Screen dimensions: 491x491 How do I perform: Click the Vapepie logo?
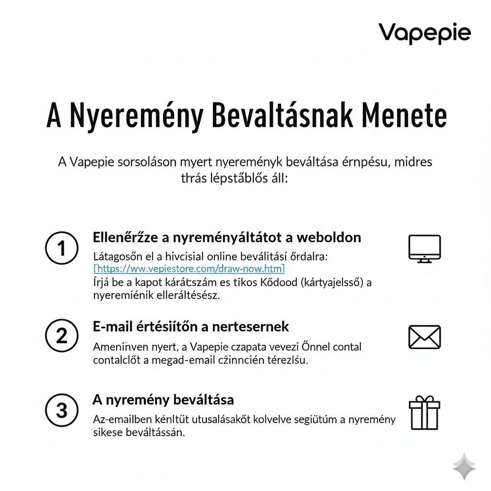click(x=424, y=34)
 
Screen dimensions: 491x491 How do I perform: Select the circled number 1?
click(x=61, y=248)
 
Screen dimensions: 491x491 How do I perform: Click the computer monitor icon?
click(x=424, y=248)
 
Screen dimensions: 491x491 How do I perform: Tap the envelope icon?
click(x=424, y=337)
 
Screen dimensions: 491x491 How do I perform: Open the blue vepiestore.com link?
click(x=189, y=269)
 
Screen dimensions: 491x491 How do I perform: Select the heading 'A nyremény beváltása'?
click(x=163, y=399)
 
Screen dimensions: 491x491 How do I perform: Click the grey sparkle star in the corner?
click(x=464, y=467)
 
